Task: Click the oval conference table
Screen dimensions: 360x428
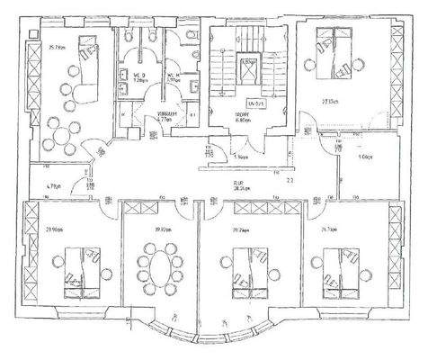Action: [x=156, y=267]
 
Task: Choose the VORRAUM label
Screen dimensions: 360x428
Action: [x=166, y=116]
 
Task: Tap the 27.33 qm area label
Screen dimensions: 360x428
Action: [x=327, y=102]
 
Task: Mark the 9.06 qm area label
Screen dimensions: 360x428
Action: [x=364, y=157]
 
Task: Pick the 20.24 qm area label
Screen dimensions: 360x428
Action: [x=240, y=229]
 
